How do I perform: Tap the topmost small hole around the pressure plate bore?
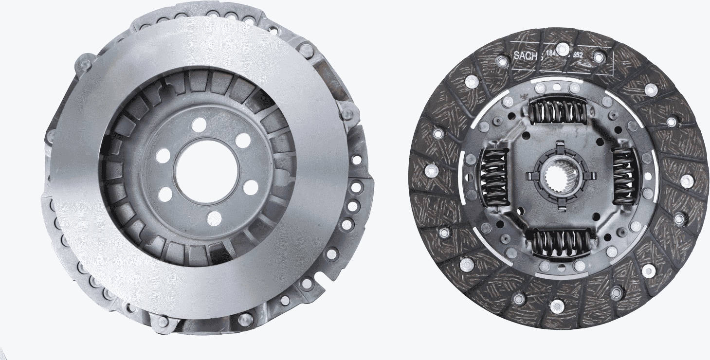(199, 125)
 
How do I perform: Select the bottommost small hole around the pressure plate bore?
(214, 218)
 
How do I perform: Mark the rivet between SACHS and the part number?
(562, 49)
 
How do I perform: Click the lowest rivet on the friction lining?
(557, 306)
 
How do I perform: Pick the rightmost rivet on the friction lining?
(687, 181)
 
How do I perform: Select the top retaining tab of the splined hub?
(559, 144)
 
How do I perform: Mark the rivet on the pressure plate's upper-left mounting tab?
(84, 63)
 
